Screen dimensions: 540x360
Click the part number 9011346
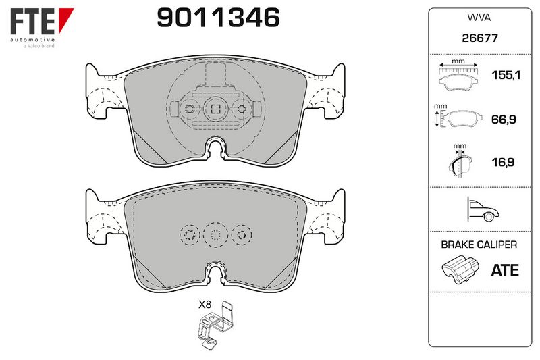[218, 18]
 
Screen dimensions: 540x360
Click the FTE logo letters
[32, 22]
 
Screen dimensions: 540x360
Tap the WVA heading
[479, 18]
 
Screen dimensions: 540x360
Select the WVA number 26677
[480, 38]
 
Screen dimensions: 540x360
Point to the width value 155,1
[506, 75]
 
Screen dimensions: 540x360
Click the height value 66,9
[504, 120]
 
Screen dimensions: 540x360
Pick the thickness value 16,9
[503, 162]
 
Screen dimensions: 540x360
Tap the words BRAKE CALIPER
[479, 245]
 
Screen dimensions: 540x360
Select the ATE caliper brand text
[505, 270]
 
